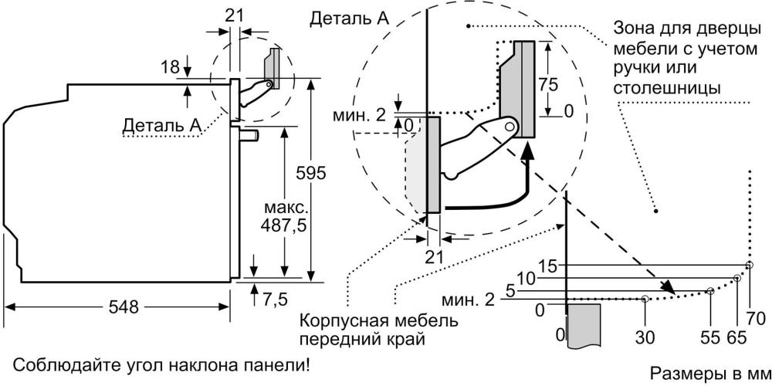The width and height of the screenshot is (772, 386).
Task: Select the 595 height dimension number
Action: pyautogui.click(x=311, y=173)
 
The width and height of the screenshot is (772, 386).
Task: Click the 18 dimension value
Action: pyautogui.click(x=171, y=67)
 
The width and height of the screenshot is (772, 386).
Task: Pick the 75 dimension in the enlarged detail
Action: pyautogui.click(x=548, y=85)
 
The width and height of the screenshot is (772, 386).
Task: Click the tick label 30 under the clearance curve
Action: pyautogui.click(x=645, y=338)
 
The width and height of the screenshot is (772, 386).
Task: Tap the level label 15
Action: pyautogui.click(x=548, y=267)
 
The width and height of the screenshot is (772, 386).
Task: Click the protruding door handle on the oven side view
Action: pyautogui.click(x=249, y=134)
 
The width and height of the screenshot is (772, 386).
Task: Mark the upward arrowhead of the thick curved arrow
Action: pyautogui.click(x=527, y=151)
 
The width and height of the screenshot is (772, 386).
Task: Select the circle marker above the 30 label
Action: pyautogui.click(x=645, y=298)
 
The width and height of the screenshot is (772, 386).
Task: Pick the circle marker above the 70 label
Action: pyautogui.click(x=750, y=266)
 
